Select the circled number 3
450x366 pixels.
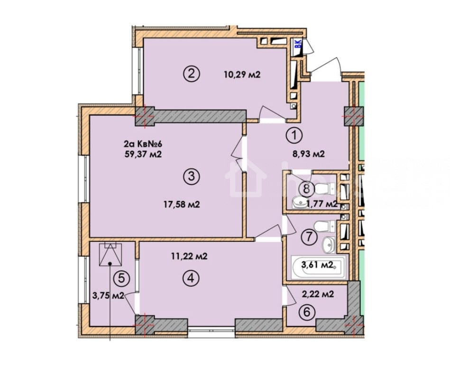click(x=192, y=176)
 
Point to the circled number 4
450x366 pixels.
click(x=192, y=278)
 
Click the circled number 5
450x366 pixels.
click(x=122, y=278)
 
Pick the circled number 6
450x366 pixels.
click(x=307, y=312)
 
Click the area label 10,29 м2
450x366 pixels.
click(x=242, y=75)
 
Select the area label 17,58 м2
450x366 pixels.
click(x=182, y=204)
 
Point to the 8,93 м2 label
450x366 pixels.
click(x=309, y=154)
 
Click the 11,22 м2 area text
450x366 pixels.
click(x=189, y=256)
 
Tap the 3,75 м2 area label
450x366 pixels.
click(x=108, y=295)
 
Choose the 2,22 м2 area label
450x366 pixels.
click(x=318, y=294)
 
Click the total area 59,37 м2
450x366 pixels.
click(x=143, y=155)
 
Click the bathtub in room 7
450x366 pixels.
click(x=318, y=267)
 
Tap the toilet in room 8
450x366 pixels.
click(x=325, y=188)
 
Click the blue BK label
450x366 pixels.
click(x=299, y=44)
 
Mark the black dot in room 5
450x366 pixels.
click(x=110, y=263)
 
